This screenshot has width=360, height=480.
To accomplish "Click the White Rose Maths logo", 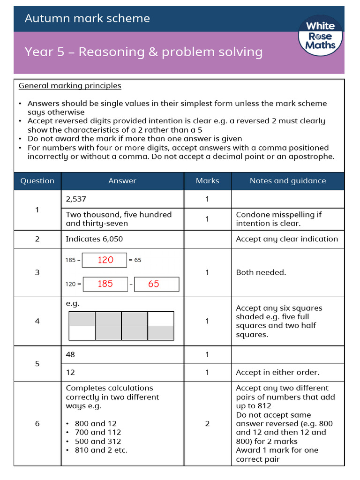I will coord(321,36).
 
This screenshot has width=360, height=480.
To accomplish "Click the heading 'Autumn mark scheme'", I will coord(87,18).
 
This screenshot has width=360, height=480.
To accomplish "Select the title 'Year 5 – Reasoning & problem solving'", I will coord(143,52).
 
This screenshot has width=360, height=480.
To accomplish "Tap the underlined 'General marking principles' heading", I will coord(70,86).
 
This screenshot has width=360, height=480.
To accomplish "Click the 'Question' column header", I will coord(37,181).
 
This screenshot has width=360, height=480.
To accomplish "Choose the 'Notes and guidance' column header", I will coord(287,181).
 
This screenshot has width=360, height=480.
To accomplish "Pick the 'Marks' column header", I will coord(207,181).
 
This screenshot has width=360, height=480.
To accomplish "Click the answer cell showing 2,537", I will coord(76,199).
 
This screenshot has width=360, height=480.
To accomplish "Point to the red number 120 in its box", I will coord(105,260).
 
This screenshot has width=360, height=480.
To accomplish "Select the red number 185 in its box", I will coord(105,284).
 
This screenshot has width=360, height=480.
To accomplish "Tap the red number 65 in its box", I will coord(153,284).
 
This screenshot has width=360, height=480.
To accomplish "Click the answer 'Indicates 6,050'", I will coord(94,239).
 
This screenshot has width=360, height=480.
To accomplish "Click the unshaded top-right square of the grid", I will coord(161,319).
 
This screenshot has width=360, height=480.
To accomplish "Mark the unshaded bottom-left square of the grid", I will coord(82,333).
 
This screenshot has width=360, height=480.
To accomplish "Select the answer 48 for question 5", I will coord(70,355).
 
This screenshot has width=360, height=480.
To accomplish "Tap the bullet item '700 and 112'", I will coord(97,432).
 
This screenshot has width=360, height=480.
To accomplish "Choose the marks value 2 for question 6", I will coord(207,424).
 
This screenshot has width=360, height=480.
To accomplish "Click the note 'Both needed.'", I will coord(261,272).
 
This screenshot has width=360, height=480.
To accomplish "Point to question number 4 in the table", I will coord(37,321).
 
